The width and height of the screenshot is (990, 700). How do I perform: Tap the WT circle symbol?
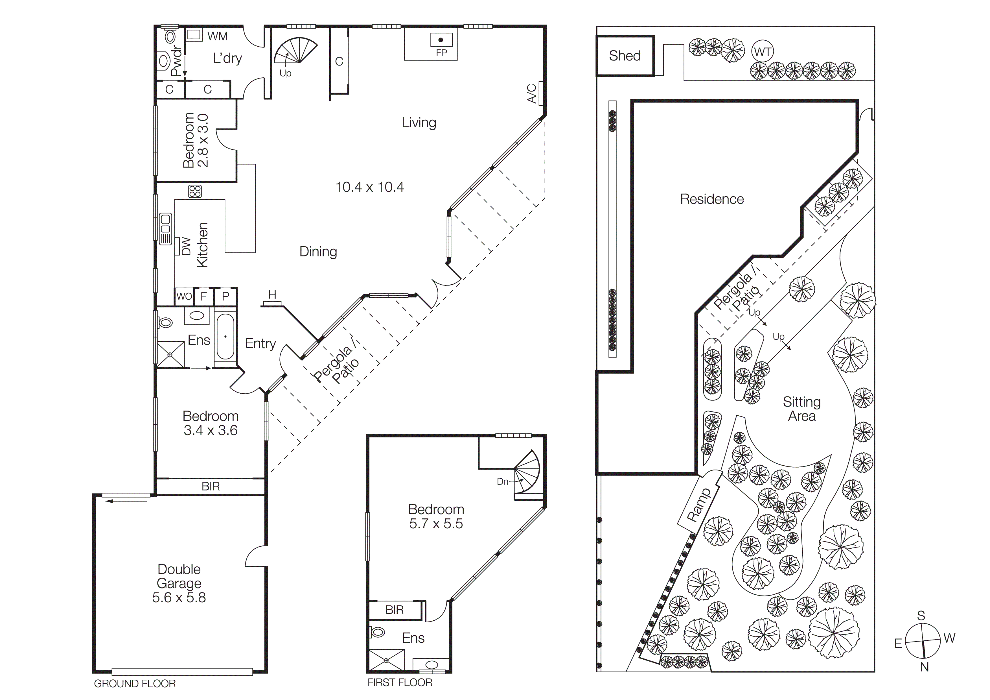point(762,52)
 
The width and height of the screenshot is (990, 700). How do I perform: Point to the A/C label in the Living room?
point(532,93)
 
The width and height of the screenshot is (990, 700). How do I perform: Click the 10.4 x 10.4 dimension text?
point(369,187)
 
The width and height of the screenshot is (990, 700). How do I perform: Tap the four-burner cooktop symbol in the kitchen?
point(195,191)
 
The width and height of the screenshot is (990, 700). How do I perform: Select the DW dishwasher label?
point(186,246)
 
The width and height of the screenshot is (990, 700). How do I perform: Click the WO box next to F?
point(184,296)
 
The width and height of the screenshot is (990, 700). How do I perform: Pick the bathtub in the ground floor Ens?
point(225,336)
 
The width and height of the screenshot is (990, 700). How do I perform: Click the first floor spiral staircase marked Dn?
point(527,473)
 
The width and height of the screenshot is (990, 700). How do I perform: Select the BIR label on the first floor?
point(395,610)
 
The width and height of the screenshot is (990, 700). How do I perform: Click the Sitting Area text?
point(801,409)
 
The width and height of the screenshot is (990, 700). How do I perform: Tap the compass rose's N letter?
point(924,667)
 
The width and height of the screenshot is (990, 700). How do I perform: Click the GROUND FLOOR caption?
point(135,684)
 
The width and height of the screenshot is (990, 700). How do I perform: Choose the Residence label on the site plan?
point(712,199)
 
